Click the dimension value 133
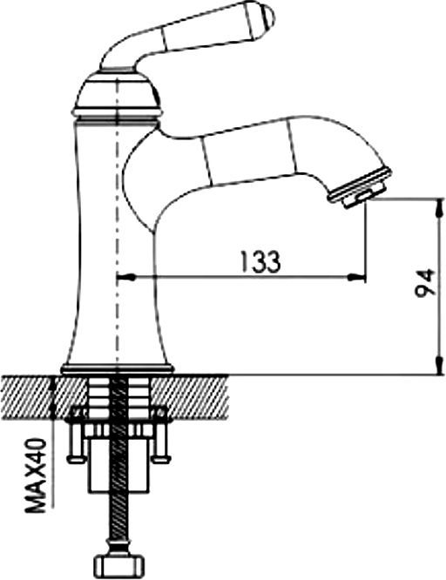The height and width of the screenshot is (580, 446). pyautogui.click(x=260, y=261)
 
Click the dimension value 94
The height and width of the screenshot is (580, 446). pyautogui.click(x=424, y=283)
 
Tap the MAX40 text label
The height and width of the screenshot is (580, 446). pyautogui.click(x=36, y=475)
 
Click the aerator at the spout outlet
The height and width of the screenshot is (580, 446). pyautogui.click(x=360, y=188)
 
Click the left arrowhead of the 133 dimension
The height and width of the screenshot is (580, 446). pyautogui.click(x=125, y=277)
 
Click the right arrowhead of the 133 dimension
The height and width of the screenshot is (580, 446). pyautogui.click(x=356, y=277)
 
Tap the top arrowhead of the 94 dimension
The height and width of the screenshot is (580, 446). pyautogui.click(x=439, y=208)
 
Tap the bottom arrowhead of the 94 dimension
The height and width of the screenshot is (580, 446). pyautogui.click(x=439, y=366)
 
